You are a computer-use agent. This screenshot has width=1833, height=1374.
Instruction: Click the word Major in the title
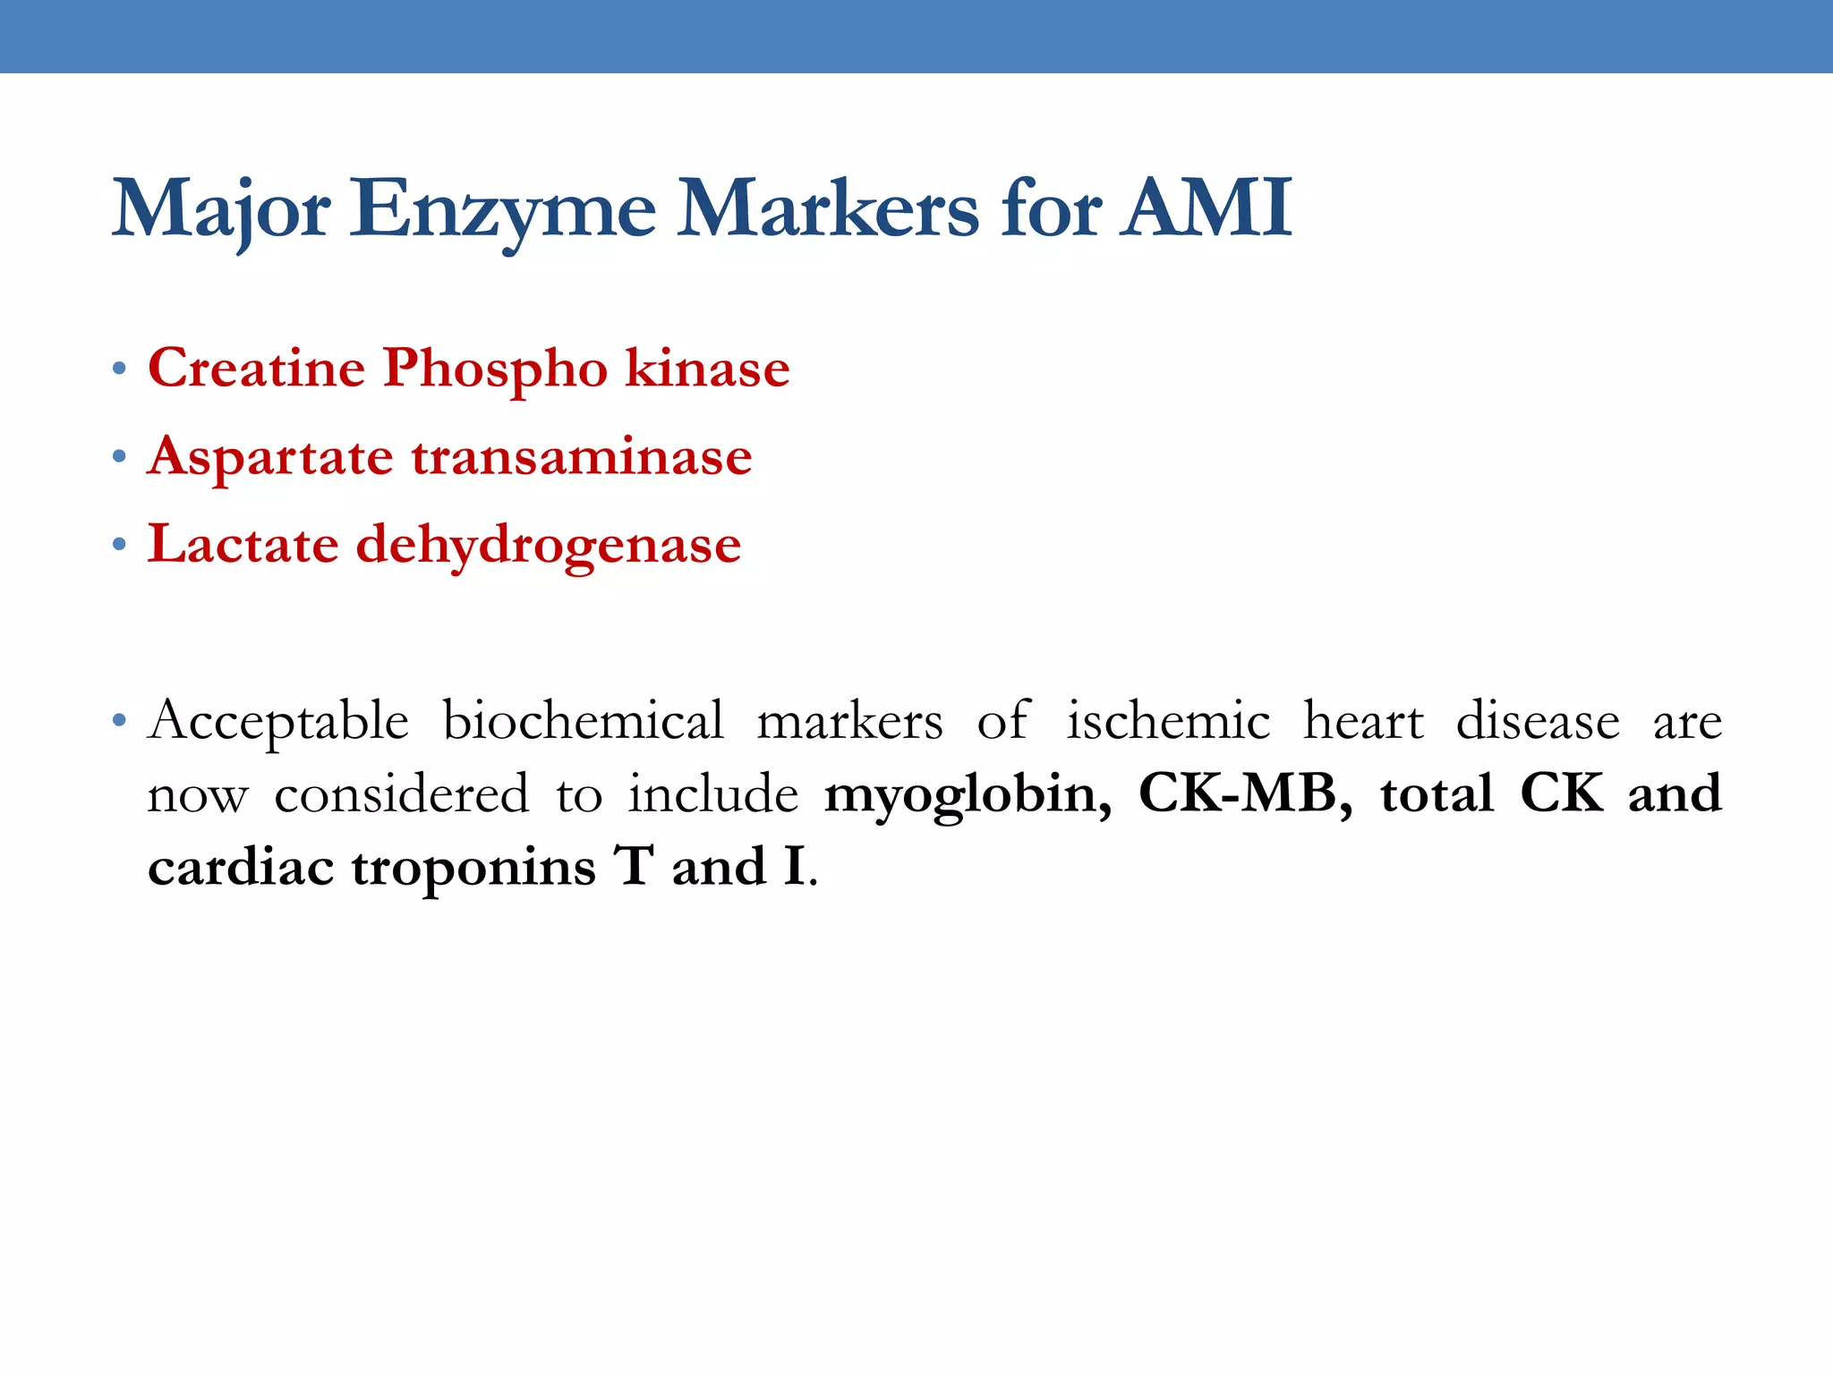coord(221,209)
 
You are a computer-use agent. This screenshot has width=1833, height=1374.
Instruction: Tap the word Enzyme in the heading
coord(501,209)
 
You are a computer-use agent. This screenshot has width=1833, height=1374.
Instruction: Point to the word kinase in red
coord(707,368)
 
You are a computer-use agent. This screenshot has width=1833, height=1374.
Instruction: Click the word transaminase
coord(582,456)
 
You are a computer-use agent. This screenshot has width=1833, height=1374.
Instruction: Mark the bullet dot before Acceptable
coord(119,720)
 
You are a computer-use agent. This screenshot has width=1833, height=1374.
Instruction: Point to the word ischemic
coord(1168,720)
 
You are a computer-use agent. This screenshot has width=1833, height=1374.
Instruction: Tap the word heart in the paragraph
coord(1363,720)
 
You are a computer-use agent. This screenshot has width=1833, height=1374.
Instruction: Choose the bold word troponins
coord(473,868)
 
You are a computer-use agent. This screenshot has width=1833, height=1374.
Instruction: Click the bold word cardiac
coord(241,868)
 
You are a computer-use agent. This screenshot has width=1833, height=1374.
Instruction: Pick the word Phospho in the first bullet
coord(496,369)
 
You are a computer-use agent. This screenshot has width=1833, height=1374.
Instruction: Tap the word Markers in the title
coord(827,209)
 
